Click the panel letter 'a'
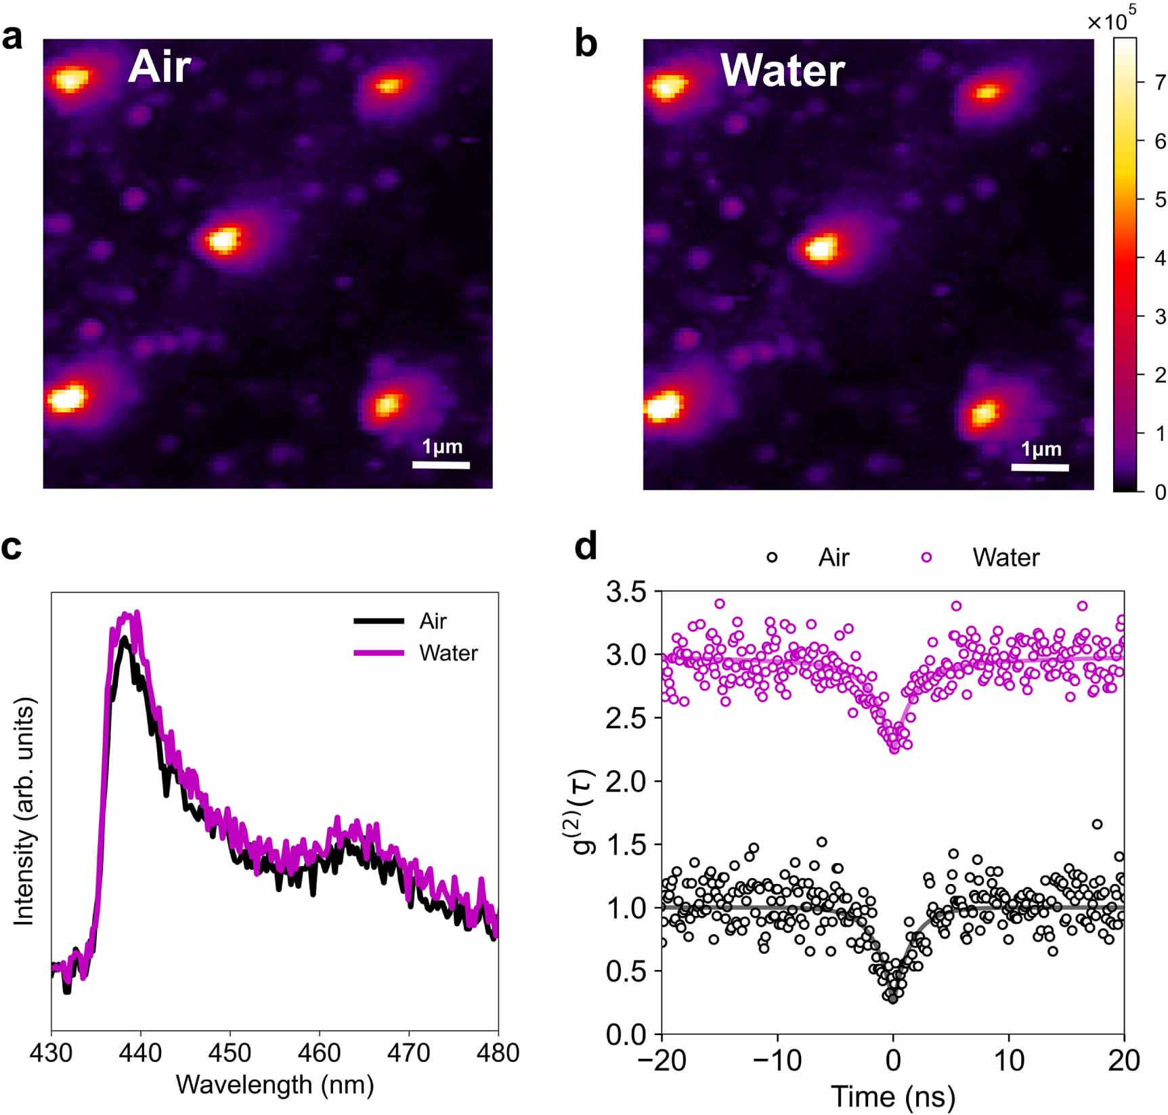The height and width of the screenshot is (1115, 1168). (x=12, y=39)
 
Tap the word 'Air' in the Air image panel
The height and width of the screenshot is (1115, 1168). (x=159, y=67)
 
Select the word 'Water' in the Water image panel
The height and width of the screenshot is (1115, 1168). (x=782, y=70)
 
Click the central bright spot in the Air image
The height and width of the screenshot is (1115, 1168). (x=224, y=239)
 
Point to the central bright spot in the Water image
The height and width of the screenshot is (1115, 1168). (x=821, y=247)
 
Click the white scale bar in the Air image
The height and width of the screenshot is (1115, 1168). (x=441, y=465)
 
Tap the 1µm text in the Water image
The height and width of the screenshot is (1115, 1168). (x=1041, y=449)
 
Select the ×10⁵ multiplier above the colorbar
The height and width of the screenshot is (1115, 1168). (x=1110, y=20)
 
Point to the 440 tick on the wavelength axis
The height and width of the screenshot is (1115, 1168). (x=141, y=1053)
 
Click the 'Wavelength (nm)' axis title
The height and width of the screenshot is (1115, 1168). (x=275, y=1085)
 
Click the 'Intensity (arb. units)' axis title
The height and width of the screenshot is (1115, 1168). (x=24, y=814)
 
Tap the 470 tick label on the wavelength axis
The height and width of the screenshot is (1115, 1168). (x=409, y=1053)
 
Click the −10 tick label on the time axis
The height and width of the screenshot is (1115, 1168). (x=777, y=1060)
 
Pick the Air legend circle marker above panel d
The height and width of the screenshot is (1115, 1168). (x=771, y=557)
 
